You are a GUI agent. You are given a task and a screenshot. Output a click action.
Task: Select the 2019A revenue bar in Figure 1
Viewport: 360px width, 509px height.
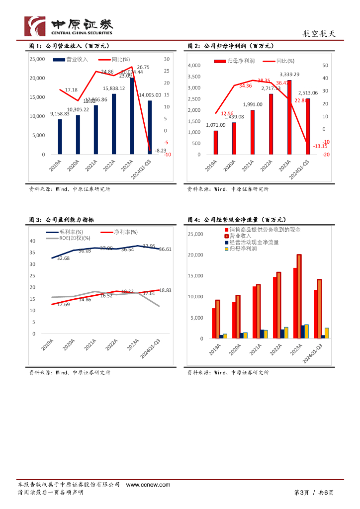pyautogui.click(x=60, y=136)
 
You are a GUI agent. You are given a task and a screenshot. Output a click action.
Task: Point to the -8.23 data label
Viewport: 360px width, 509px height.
pyautogui.click(x=160, y=150)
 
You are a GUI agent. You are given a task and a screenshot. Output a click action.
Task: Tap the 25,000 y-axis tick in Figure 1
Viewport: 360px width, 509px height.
pyautogui.click(x=37, y=59)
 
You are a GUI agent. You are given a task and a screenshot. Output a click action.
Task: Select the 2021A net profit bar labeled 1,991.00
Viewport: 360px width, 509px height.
pyautogui.click(x=252, y=132)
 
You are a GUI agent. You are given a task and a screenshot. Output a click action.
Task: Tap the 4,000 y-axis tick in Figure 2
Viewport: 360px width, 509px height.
pyautogui.click(x=194, y=66)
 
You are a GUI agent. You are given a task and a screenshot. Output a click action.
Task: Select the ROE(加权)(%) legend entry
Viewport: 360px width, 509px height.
pyautogui.click(x=67, y=238)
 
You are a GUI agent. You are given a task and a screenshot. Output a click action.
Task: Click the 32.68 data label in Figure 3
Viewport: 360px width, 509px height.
pyautogui.click(x=63, y=258)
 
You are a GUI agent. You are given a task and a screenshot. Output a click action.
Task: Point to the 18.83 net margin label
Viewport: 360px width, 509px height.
pyautogui.click(x=165, y=290)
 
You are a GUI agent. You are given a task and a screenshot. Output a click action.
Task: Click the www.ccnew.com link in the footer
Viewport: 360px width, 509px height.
pyautogui.click(x=148, y=485)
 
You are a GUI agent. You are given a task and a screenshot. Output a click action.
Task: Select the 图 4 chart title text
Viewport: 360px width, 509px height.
pyautogui.click(x=236, y=220)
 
